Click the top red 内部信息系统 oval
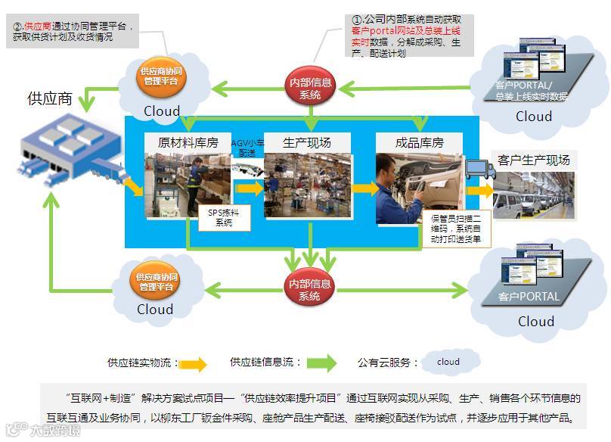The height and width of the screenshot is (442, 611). point(310,89)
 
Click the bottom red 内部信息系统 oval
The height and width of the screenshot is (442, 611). point(309,290)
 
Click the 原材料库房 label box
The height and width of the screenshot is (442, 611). point(178,142)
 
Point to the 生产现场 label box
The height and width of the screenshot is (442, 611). point(307,142)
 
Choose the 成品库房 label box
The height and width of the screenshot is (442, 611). point(419,142)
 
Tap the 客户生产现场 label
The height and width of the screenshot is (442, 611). point(533,160)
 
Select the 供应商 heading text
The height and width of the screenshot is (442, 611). point(49,98)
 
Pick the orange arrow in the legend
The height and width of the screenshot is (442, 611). point(193,363)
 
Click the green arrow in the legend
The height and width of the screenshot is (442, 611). point(321,363)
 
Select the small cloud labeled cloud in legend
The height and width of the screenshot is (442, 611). point(448,362)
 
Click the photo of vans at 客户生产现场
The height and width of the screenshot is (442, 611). point(533,195)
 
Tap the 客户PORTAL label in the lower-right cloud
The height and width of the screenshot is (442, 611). point(529,296)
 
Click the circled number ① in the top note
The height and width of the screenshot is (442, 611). point(358,20)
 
